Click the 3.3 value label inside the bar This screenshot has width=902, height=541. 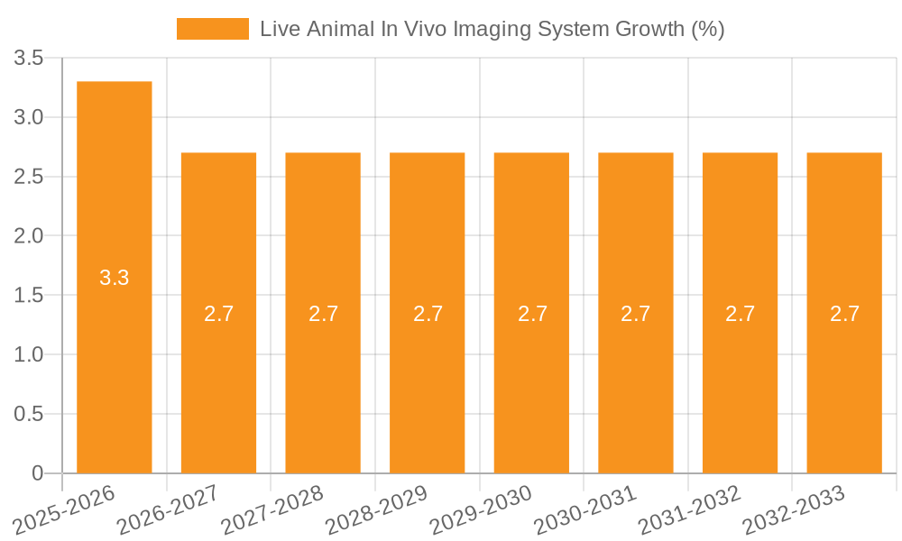(115, 278)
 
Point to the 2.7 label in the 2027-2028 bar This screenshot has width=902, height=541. (323, 314)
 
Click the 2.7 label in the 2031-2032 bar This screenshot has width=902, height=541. (740, 314)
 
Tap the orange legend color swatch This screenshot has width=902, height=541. (213, 29)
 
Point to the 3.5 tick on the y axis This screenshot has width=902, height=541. (29, 59)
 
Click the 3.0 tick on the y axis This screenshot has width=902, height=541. (29, 118)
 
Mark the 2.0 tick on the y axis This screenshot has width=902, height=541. (29, 236)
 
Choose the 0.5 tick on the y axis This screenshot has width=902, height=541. (29, 414)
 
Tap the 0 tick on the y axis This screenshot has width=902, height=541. (37, 473)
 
